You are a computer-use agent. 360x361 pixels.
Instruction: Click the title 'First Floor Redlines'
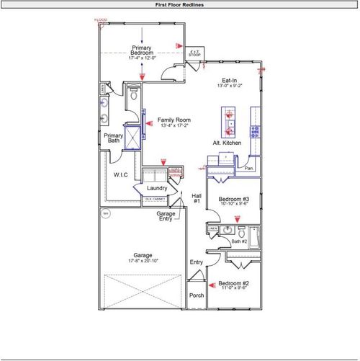(x=179, y=4)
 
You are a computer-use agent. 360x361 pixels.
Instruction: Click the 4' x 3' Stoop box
(x=194, y=52)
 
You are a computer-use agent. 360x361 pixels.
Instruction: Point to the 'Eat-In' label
(x=229, y=81)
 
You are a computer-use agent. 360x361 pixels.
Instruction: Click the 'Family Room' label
(x=174, y=120)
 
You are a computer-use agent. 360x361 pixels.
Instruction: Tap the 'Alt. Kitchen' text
(x=227, y=143)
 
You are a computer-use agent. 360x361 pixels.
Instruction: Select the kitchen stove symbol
(x=254, y=131)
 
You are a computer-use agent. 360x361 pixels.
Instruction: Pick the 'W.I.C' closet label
(x=120, y=175)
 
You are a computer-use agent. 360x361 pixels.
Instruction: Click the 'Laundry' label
(x=157, y=189)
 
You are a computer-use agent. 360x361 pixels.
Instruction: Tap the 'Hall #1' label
(x=196, y=198)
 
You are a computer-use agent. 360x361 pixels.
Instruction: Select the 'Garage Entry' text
(x=166, y=216)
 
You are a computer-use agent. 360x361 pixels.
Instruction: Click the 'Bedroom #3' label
(x=234, y=199)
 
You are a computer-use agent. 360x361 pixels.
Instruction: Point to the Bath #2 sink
(x=229, y=230)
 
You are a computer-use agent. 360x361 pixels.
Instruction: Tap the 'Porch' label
(x=196, y=295)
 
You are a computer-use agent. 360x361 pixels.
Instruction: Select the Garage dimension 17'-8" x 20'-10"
(x=142, y=261)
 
